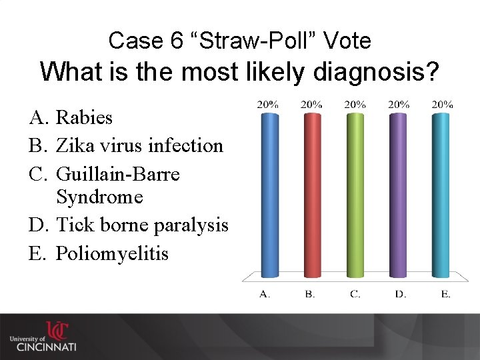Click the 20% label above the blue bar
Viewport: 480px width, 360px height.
(268, 104)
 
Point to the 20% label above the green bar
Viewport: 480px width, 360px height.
(355, 104)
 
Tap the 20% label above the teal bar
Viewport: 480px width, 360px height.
(442, 104)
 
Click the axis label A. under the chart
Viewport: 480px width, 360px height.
(265, 294)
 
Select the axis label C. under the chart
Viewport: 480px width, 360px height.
(355, 294)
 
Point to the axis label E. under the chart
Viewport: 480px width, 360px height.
(445, 294)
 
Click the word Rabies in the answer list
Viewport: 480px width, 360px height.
(84, 118)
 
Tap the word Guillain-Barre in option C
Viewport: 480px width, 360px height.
(118, 174)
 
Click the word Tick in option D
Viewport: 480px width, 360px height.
(75, 225)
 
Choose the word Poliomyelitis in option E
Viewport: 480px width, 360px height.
(112, 254)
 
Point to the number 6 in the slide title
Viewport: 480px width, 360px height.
(176, 41)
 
